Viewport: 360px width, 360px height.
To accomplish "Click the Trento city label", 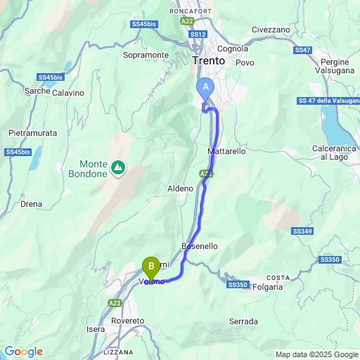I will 208,61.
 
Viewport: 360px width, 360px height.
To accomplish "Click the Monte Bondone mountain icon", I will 118,168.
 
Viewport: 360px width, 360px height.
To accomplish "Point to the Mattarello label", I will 227,151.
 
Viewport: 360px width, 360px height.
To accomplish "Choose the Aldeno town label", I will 179,188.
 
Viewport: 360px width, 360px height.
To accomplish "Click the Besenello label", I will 200,246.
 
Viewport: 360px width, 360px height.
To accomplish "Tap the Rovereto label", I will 127,321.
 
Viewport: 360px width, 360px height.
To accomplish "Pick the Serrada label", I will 243,321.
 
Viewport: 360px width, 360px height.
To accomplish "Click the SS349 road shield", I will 302,231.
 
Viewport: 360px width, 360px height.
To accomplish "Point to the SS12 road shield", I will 198,34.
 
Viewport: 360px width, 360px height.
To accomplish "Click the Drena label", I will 32,204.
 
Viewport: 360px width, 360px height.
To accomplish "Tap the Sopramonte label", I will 146,55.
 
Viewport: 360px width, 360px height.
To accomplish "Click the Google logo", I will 23,352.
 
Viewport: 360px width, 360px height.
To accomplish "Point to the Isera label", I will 95,329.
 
